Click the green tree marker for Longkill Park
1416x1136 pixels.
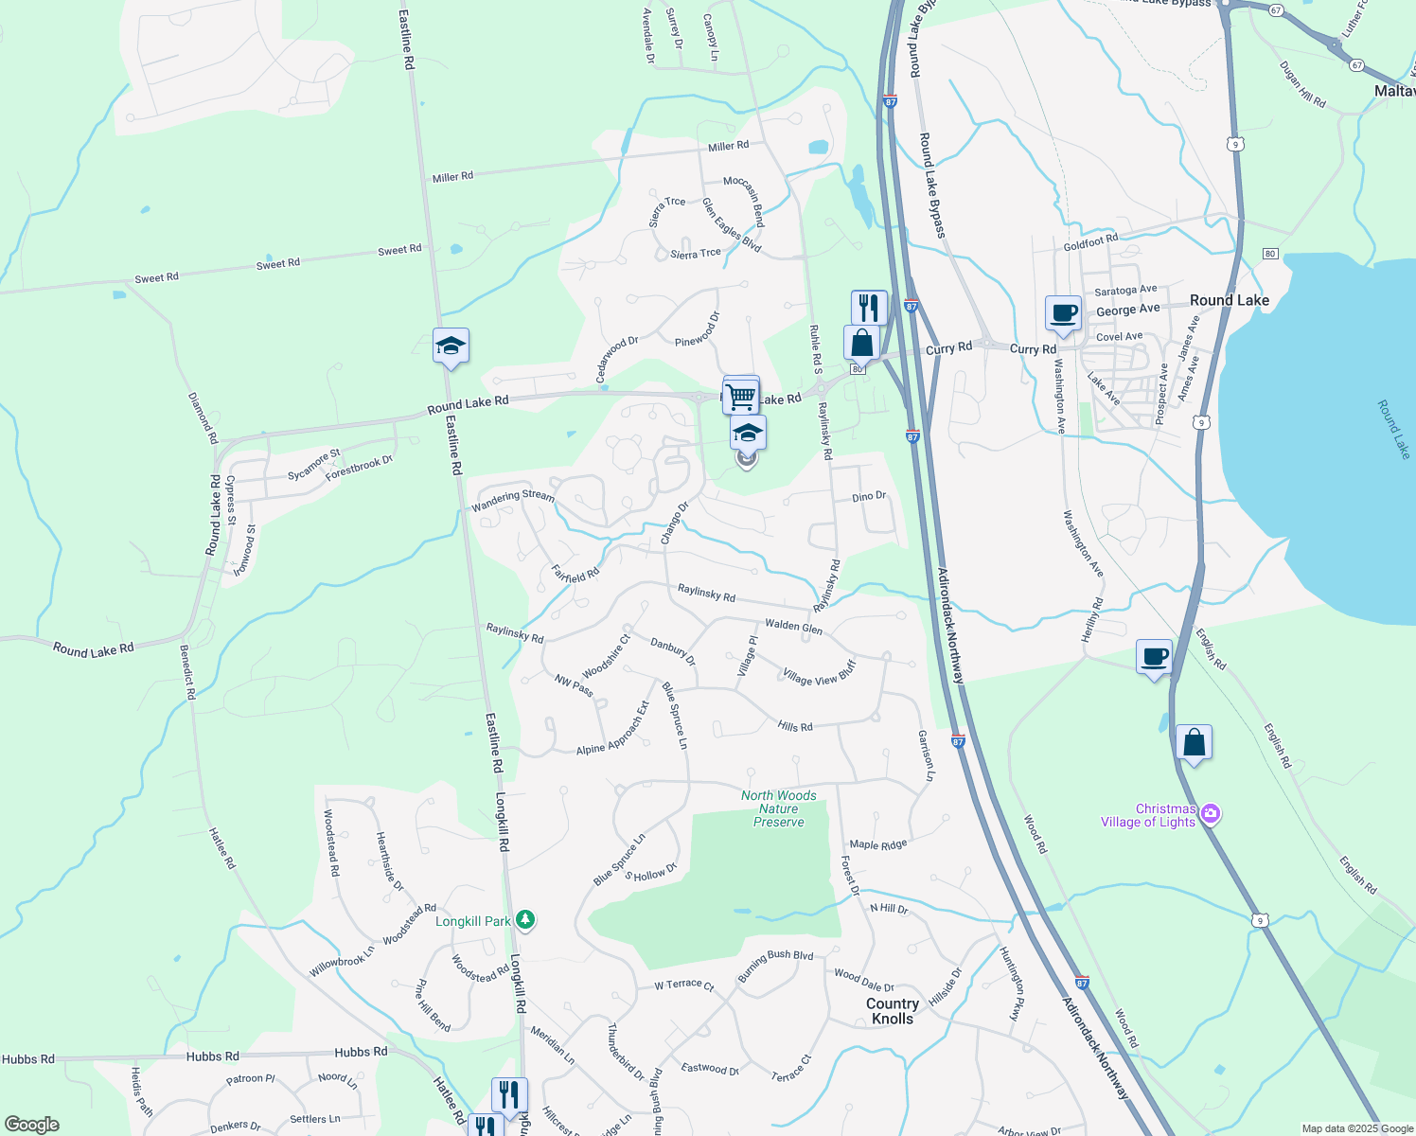point(525,920)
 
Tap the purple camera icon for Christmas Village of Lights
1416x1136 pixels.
point(1210,814)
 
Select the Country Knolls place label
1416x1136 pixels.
point(893,1011)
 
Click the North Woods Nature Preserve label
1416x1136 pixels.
point(778,808)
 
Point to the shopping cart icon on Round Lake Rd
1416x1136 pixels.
point(741,394)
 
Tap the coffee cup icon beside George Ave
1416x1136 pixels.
point(1063,312)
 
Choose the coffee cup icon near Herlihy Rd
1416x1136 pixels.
point(1154,657)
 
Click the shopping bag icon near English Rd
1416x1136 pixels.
point(1194,743)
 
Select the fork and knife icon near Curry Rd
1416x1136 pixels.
point(868,308)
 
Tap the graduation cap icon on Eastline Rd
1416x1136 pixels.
point(451,346)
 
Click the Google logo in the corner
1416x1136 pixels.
point(31,1125)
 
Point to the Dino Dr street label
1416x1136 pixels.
point(869,497)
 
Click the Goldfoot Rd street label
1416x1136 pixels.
point(1090,242)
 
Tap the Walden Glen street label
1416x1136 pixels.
point(793,626)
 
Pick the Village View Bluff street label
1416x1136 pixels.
point(819,674)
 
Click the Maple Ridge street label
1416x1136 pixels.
point(877,844)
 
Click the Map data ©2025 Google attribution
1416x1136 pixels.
point(1357,1128)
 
